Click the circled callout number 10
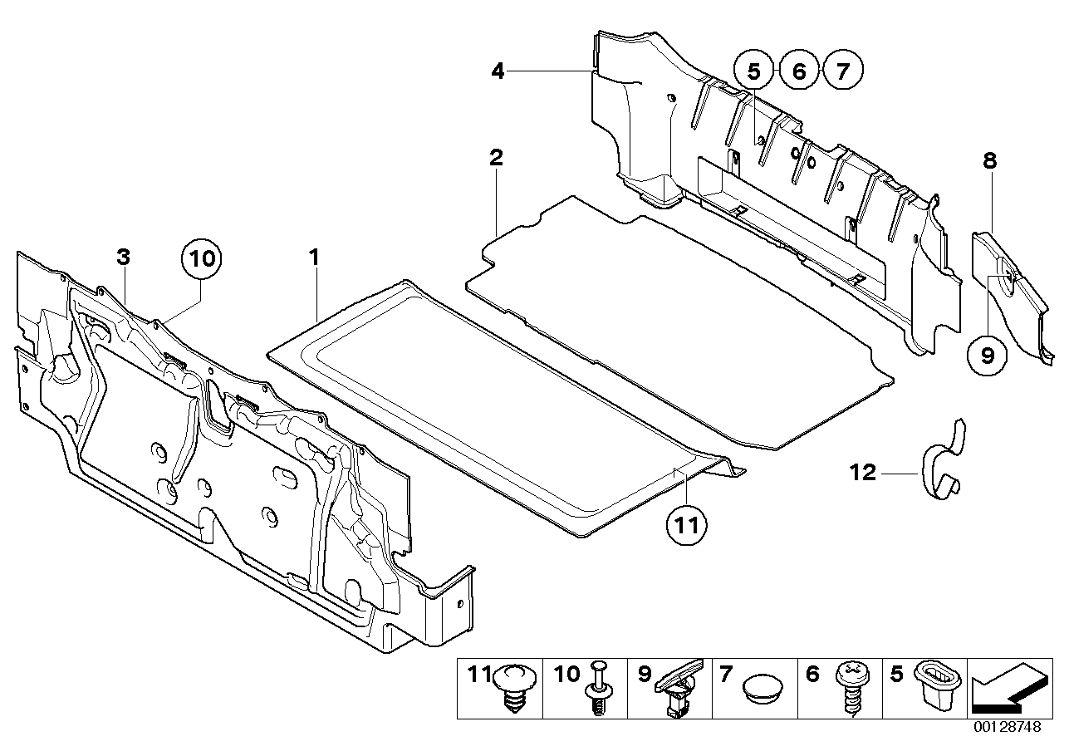[202, 258]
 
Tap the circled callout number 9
[988, 356]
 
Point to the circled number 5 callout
[753, 71]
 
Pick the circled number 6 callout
[798, 71]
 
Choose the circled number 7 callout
[842, 71]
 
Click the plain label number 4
[498, 71]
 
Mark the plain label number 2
[496, 157]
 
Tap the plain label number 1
[315, 258]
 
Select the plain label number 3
[123, 258]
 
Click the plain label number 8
[989, 161]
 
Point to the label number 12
[863, 473]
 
